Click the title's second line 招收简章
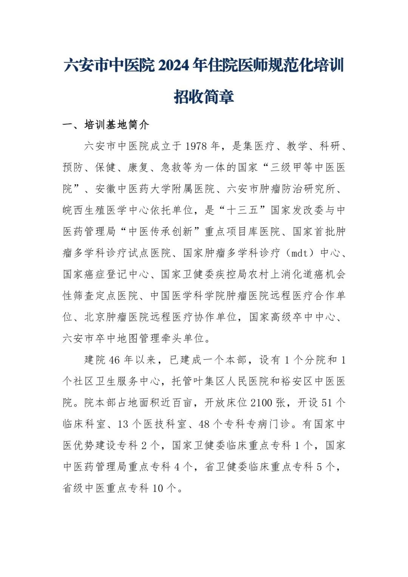[204, 97]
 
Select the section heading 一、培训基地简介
[106, 125]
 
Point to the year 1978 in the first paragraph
[196, 146]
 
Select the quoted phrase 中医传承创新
[161, 231]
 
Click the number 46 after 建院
[114, 360]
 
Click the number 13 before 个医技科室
[123, 424]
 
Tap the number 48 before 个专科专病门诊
[204, 424]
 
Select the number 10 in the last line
[158, 488]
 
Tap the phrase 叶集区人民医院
[232, 382]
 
